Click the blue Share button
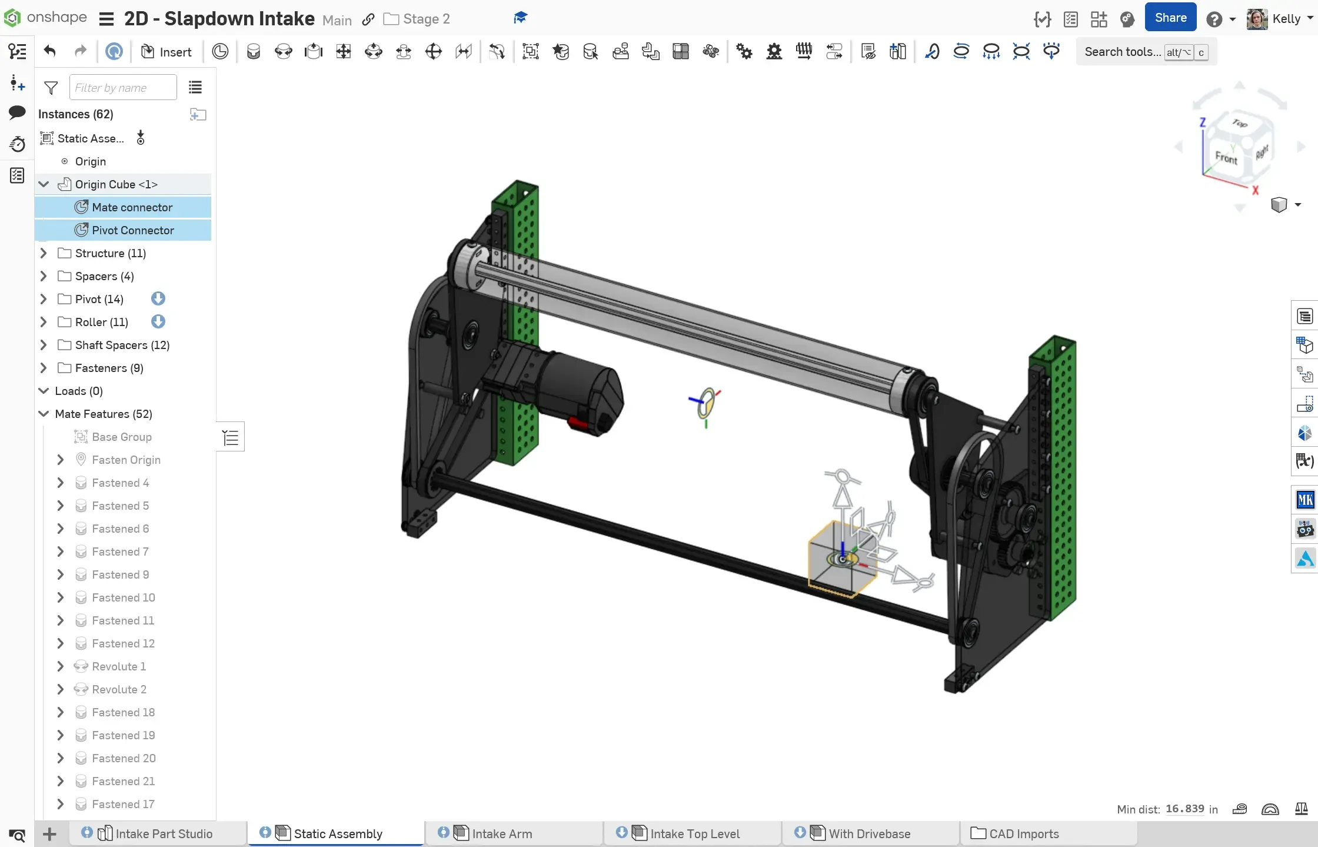coord(1170,18)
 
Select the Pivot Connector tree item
coord(132,230)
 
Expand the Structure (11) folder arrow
coord(43,253)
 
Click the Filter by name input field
coord(123,88)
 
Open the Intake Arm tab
coord(502,833)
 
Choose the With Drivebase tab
coord(869,833)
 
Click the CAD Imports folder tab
coord(1023,833)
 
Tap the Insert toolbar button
coord(167,52)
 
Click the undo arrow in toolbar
coord(50,51)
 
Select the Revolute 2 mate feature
coord(119,689)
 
